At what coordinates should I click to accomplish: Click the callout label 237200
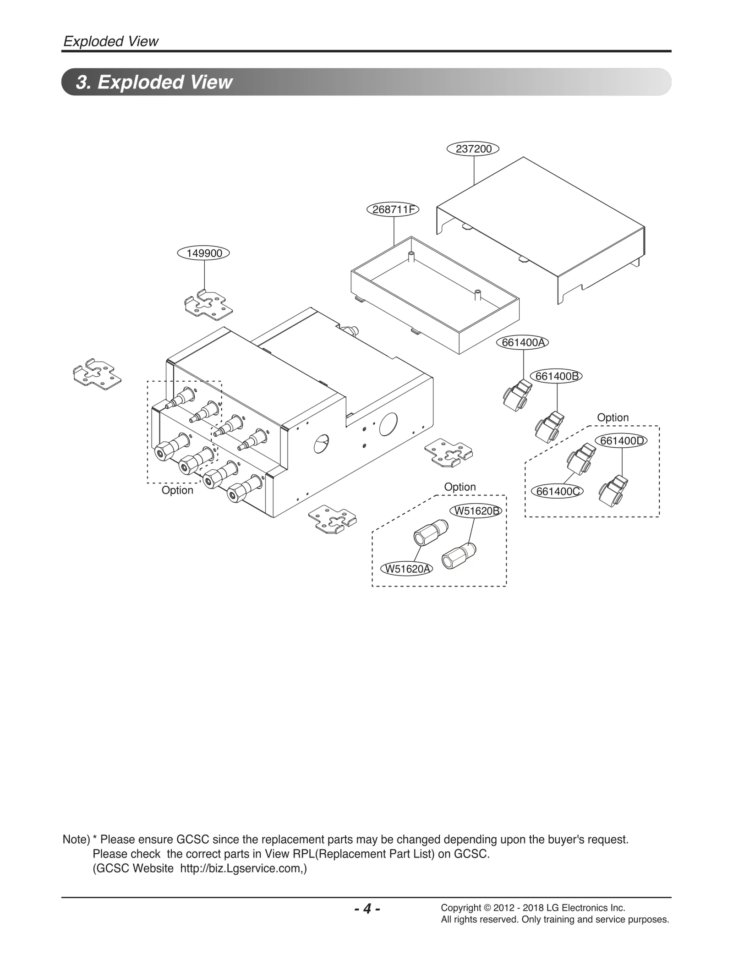(473, 149)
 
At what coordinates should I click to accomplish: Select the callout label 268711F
(394, 210)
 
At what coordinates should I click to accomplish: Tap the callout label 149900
(204, 253)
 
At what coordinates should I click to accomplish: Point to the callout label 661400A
(523, 342)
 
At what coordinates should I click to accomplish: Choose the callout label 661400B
(556, 376)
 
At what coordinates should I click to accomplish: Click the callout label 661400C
(557, 491)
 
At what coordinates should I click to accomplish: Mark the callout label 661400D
(621, 441)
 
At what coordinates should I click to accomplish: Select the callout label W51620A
(407, 569)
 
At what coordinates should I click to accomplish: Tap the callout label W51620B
(476, 511)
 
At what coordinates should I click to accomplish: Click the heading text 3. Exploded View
(154, 82)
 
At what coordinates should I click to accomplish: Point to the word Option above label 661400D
(613, 417)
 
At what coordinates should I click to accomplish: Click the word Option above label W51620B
(459, 487)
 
